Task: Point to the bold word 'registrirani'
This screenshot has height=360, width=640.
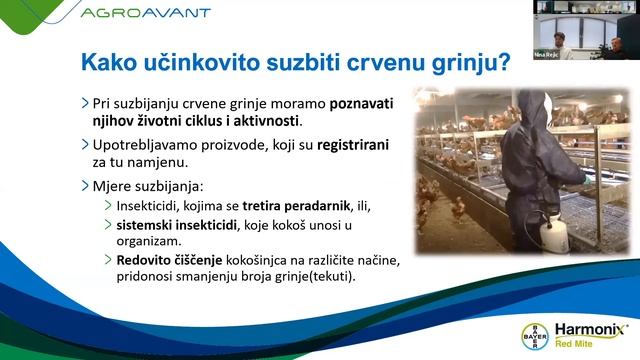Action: pos(353,144)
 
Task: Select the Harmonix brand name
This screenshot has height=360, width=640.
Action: pos(590,328)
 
